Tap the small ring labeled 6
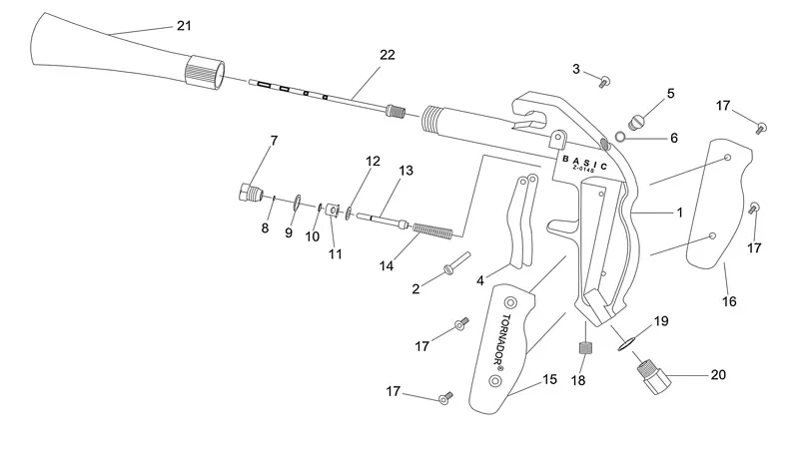click(619, 137)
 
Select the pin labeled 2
click(455, 262)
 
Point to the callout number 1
click(679, 213)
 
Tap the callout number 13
click(405, 171)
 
